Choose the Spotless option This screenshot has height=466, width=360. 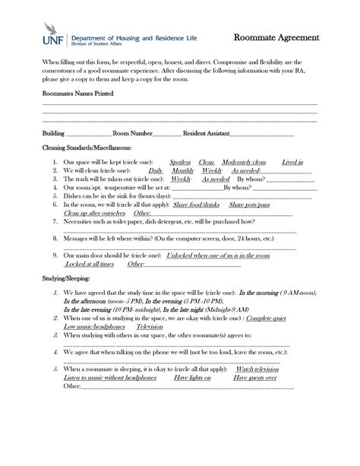coord(180,162)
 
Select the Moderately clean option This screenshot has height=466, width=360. coord(244,162)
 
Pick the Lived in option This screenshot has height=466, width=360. coord(292,162)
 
